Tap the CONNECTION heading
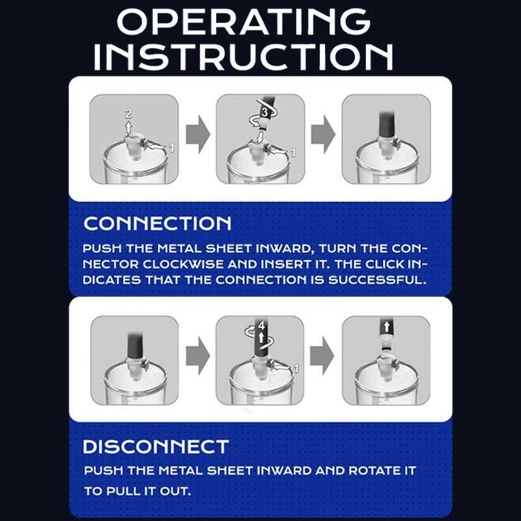pyautogui.click(x=158, y=223)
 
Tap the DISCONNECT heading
pyautogui.click(x=156, y=447)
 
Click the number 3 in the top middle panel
pyautogui.click(x=264, y=113)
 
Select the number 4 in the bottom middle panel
pyautogui.click(x=260, y=324)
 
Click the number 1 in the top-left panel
pyautogui.click(x=172, y=148)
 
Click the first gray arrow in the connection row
pyautogui.click(x=197, y=134)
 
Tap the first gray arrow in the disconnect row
pyautogui.click(x=197, y=356)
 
